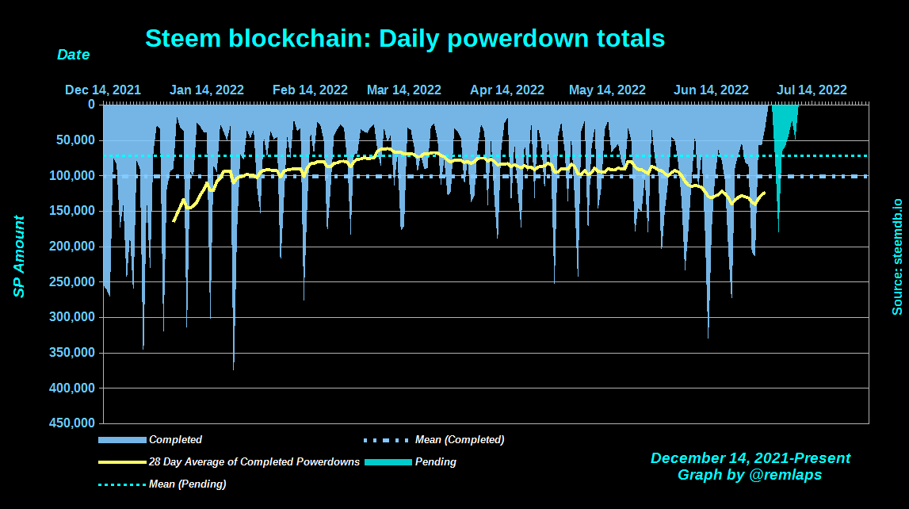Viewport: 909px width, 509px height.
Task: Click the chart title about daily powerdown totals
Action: pyautogui.click(x=404, y=38)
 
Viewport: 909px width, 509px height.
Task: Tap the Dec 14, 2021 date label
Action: pyautogui.click(x=103, y=90)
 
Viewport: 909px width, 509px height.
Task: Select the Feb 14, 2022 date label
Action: pyautogui.click(x=310, y=90)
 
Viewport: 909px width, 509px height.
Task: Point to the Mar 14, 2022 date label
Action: pyautogui.click(x=403, y=90)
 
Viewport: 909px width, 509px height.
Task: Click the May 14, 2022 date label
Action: pyautogui.click(x=607, y=90)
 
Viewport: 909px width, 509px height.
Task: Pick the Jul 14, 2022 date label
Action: pyautogui.click(x=812, y=90)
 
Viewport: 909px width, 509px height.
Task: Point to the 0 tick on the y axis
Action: pyautogui.click(x=91, y=104)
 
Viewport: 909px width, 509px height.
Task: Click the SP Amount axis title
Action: pyautogui.click(x=19, y=256)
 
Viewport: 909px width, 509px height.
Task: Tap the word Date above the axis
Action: pyautogui.click(x=73, y=55)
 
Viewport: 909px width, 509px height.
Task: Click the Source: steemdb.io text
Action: pyautogui.click(x=897, y=256)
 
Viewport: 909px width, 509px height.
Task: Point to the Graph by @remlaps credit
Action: pyautogui.click(x=750, y=475)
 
